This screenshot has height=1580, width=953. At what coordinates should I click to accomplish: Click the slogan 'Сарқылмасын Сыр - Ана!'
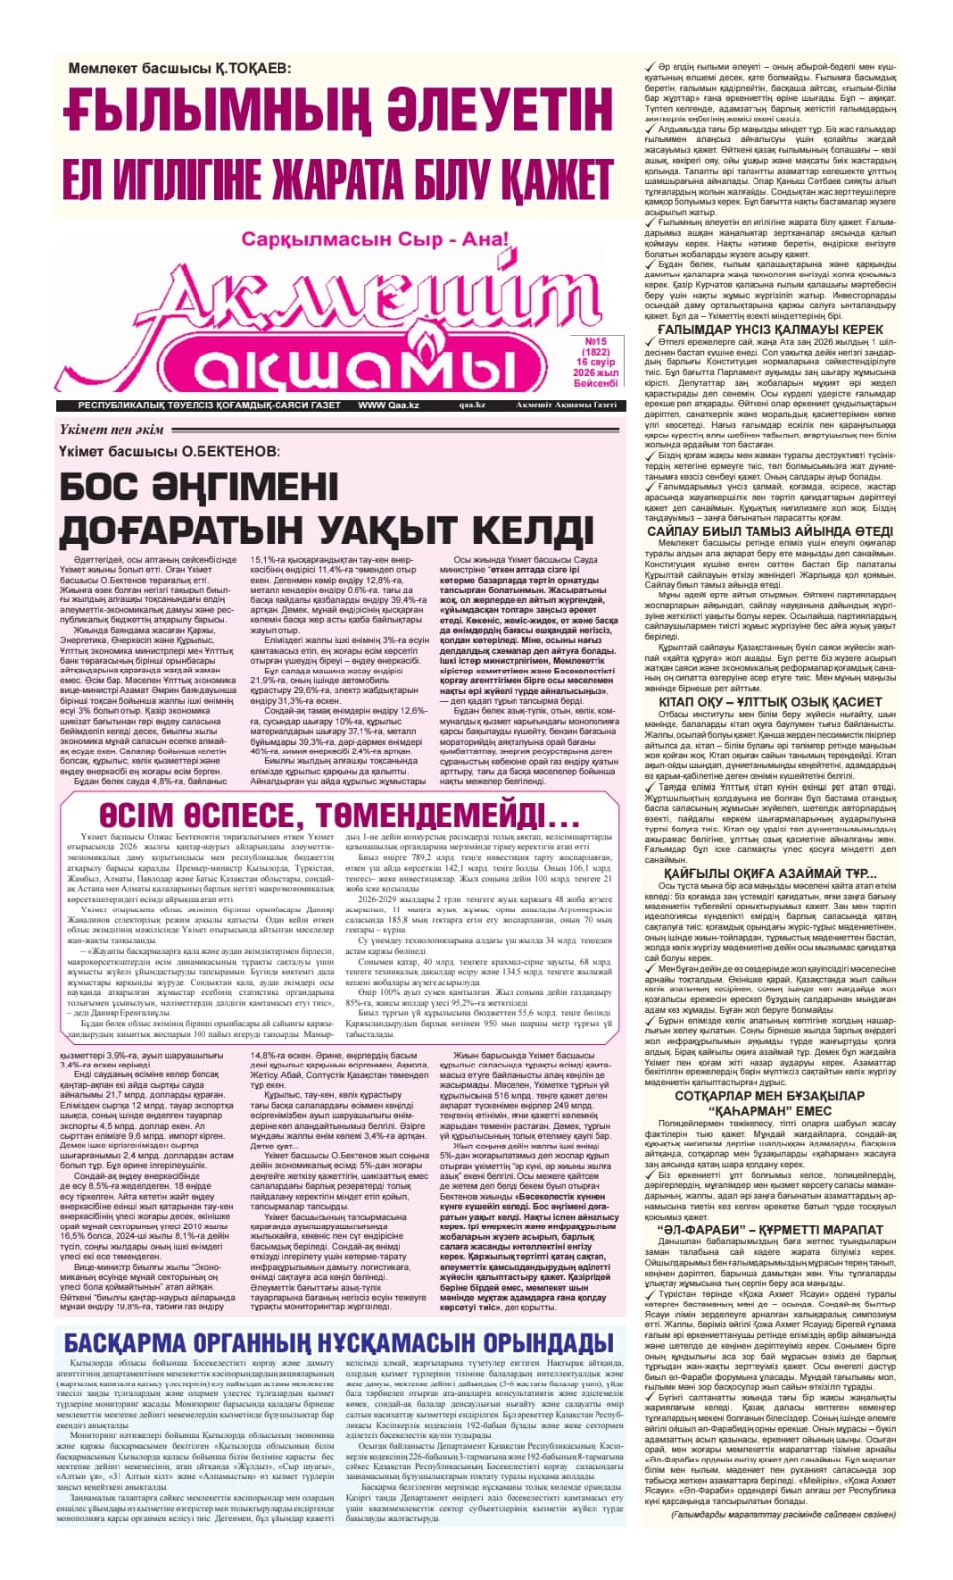click(375, 239)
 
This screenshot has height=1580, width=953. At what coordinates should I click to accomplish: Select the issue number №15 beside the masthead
click(596, 342)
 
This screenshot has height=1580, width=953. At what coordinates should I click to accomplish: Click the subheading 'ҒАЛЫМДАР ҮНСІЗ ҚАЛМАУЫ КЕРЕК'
click(770, 329)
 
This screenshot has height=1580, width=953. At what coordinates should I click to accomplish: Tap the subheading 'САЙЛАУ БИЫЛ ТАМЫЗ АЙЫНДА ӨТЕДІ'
click(770, 531)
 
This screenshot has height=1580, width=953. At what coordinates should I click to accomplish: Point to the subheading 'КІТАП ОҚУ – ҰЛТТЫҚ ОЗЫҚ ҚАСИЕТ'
click(770, 702)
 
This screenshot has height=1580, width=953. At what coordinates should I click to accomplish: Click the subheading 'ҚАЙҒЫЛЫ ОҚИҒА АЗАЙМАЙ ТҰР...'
click(770, 873)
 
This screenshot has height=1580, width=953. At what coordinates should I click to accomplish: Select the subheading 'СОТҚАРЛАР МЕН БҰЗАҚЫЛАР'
click(770, 1096)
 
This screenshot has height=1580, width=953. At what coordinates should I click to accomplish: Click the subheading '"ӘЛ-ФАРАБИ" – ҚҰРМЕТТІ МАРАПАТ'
click(770, 1230)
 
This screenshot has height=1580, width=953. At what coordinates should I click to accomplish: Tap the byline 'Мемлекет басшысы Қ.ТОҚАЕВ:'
click(181, 67)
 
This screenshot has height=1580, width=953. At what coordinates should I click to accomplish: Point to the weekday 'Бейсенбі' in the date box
click(596, 383)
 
